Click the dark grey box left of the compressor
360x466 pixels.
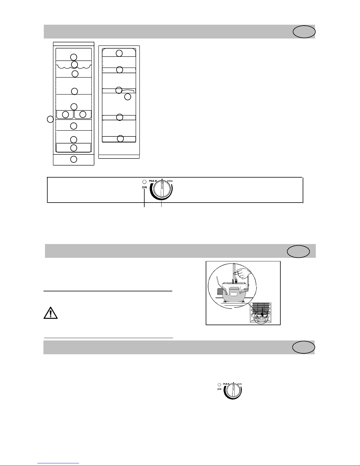click(220, 291)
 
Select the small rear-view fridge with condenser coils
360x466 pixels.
click(261, 313)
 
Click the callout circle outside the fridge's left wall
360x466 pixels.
click(51, 119)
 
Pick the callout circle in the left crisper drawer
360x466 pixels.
click(66, 114)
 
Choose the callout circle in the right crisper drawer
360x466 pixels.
click(83, 114)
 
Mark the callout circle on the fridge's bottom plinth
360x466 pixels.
click(74, 159)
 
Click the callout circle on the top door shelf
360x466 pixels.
click(119, 53)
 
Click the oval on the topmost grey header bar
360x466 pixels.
click(304, 32)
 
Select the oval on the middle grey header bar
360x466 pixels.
click(298, 252)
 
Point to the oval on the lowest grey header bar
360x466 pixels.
click(304, 347)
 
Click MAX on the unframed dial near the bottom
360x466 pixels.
click(226, 384)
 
